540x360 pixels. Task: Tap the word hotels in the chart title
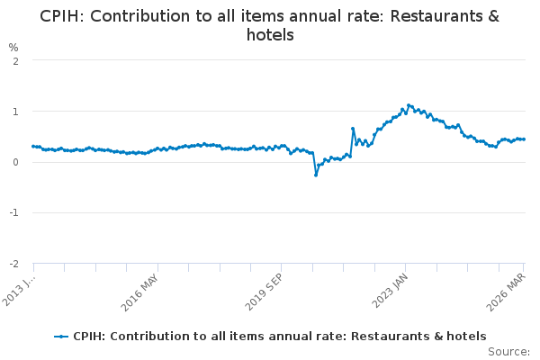point(270,35)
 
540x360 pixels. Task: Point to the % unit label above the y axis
point(13,48)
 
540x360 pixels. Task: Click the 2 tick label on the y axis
point(15,62)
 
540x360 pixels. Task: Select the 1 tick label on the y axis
point(15,112)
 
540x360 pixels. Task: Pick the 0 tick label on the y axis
point(15,162)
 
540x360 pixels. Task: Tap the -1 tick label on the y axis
point(13,212)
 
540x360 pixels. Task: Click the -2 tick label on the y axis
point(13,264)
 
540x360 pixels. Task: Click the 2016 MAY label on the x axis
point(139,292)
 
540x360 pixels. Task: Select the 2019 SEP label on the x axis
point(264,292)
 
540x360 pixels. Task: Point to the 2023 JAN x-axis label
point(390,291)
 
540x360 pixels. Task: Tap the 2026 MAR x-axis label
point(506,292)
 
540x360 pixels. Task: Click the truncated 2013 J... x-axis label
point(18,292)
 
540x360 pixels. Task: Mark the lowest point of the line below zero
point(316,175)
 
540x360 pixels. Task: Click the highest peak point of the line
point(409,105)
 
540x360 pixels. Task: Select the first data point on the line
point(33,147)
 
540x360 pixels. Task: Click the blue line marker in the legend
point(61,337)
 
